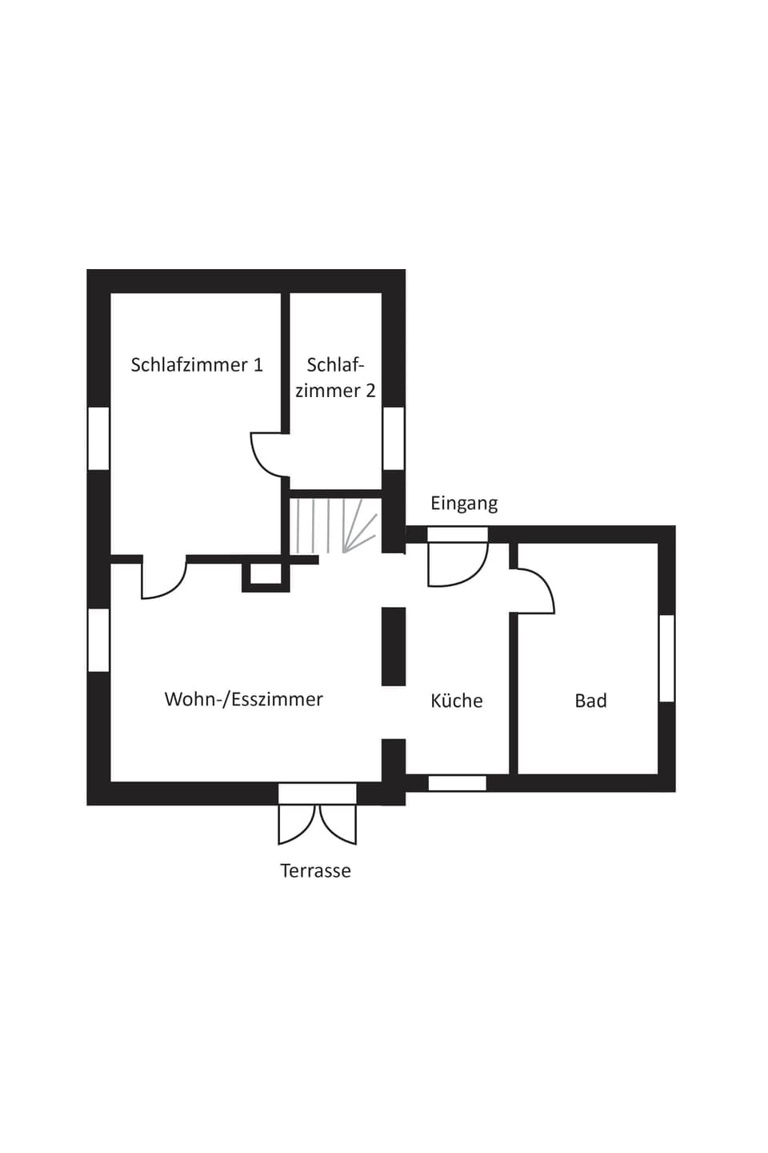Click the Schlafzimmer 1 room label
pyautogui.click(x=197, y=365)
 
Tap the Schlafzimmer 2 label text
pyautogui.click(x=335, y=378)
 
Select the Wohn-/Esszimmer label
pyautogui.click(x=243, y=699)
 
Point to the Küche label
pyautogui.click(x=456, y=701)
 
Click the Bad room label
pyautogui.click(x=590, y=701)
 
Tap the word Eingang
pyautogui.click(x=464, y=503)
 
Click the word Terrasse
pyautogui.click(x=315, y=870)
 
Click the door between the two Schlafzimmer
pyautogui.click(x=269, y=455)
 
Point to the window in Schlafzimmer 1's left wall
pyautogui.click(x=98, y=438)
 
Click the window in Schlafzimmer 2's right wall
pyautogui.click(x=394, y=438)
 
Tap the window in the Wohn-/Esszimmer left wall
pyautogui.click(x=98, y=640)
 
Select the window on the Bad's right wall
pyautogui.click(x=666, y=658)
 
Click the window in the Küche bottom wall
pyautogui.click(x=457, y=783)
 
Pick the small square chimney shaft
pyautogui.click(x=266, y=574)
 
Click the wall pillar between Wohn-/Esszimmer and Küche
pyautogui.click(x=394, y=646)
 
